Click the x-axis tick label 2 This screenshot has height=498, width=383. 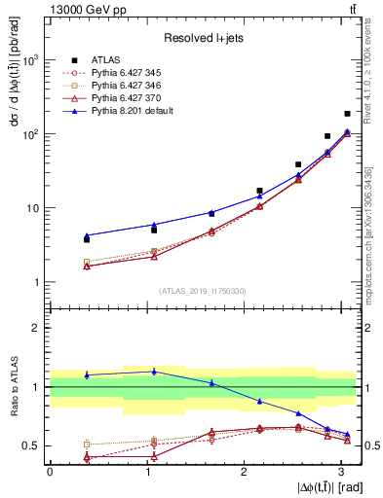(x=244, y=472)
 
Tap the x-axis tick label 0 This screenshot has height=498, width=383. (x=50, y=472)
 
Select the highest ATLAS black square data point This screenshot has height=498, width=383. (x=347, y=114)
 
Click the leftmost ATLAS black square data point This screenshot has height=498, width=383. (x=87, y=239)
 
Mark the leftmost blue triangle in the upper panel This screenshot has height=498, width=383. (x=87, y=235)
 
